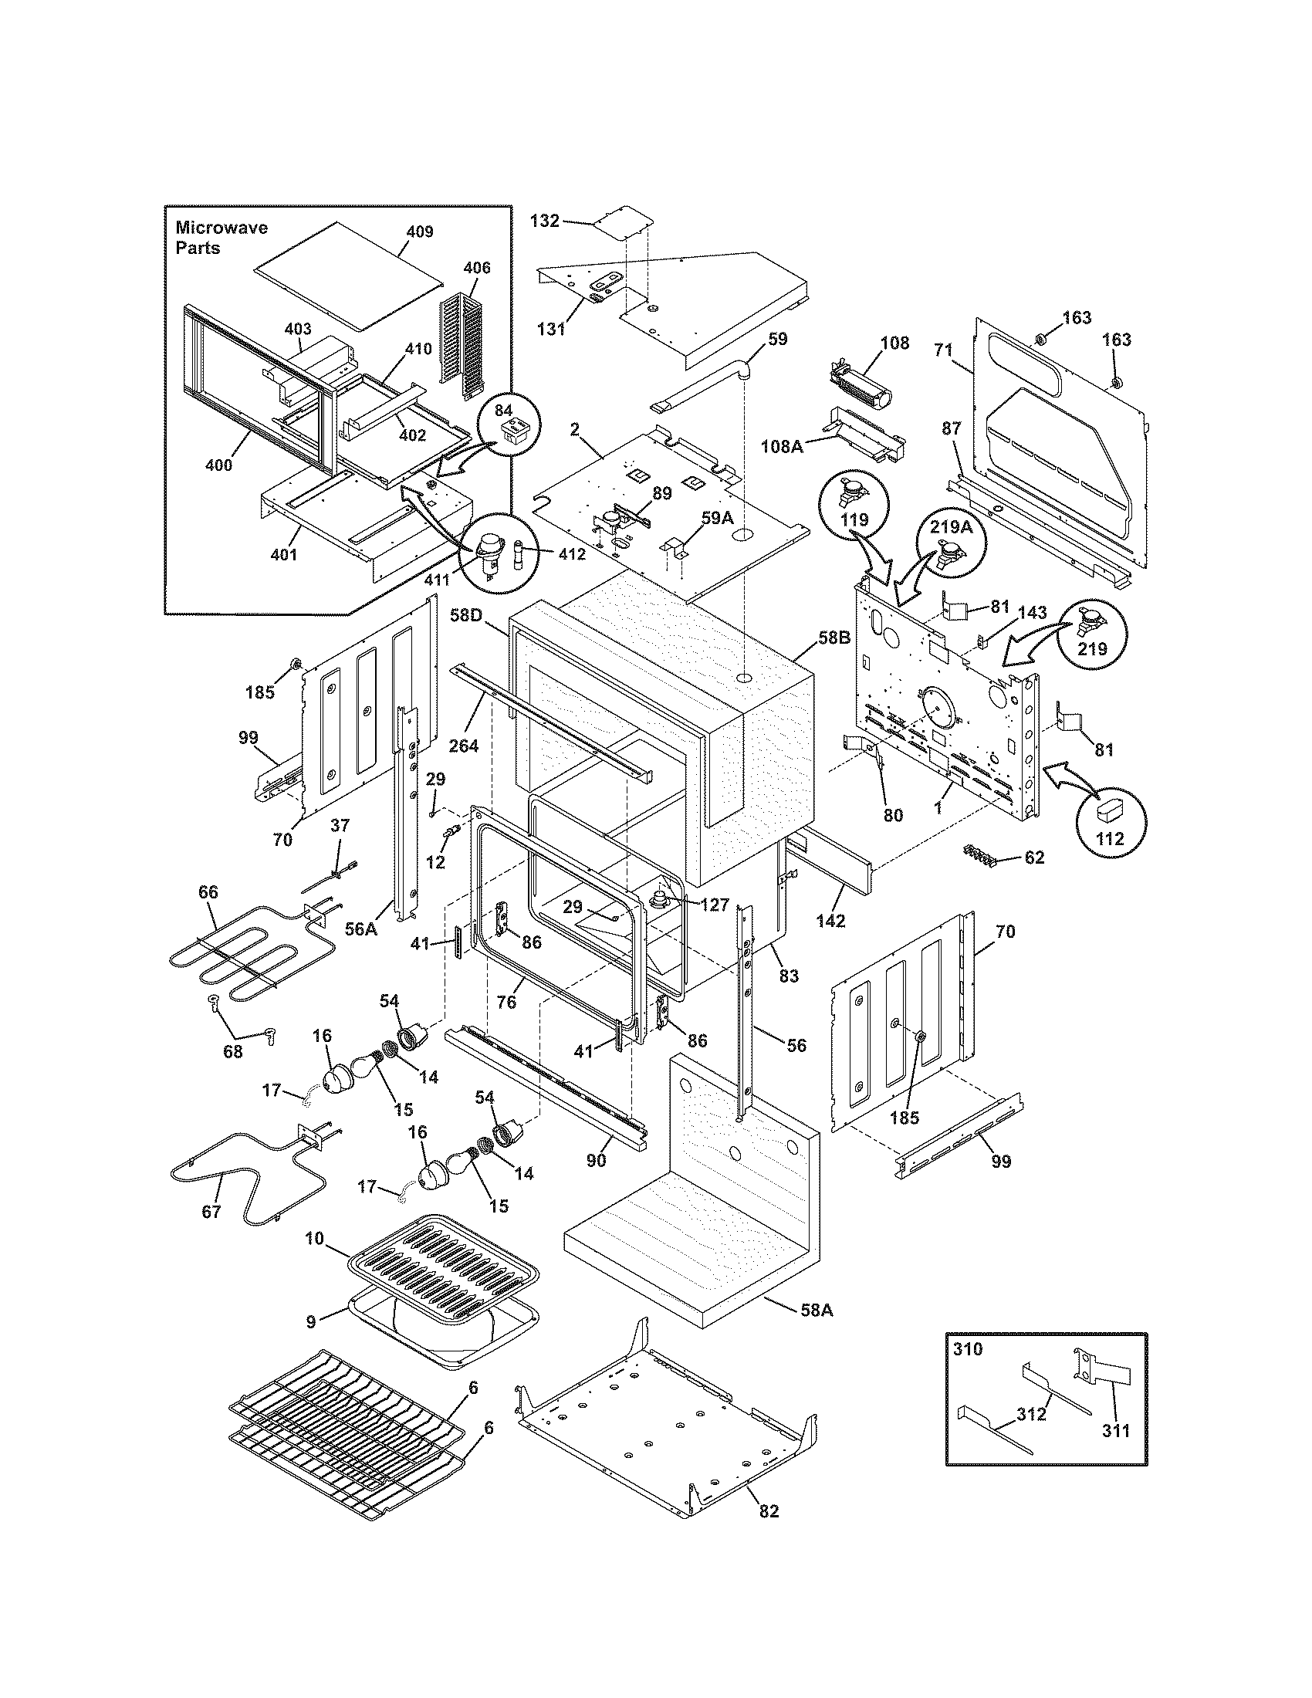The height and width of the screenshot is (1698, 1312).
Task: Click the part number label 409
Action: pos(419,232)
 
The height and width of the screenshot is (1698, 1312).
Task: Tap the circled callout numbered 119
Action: pos(854,504)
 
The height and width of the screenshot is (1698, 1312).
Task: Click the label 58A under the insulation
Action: pos(817,1309)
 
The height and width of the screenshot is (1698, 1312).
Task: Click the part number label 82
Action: pos(769,1532)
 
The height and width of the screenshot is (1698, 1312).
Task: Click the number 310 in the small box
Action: pos(968,1349)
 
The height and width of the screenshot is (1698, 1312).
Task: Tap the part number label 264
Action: pos(464,746)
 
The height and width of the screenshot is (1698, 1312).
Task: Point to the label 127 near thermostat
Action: pos(714,905)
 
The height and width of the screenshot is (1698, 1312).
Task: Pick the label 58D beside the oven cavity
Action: pos(466,615)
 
